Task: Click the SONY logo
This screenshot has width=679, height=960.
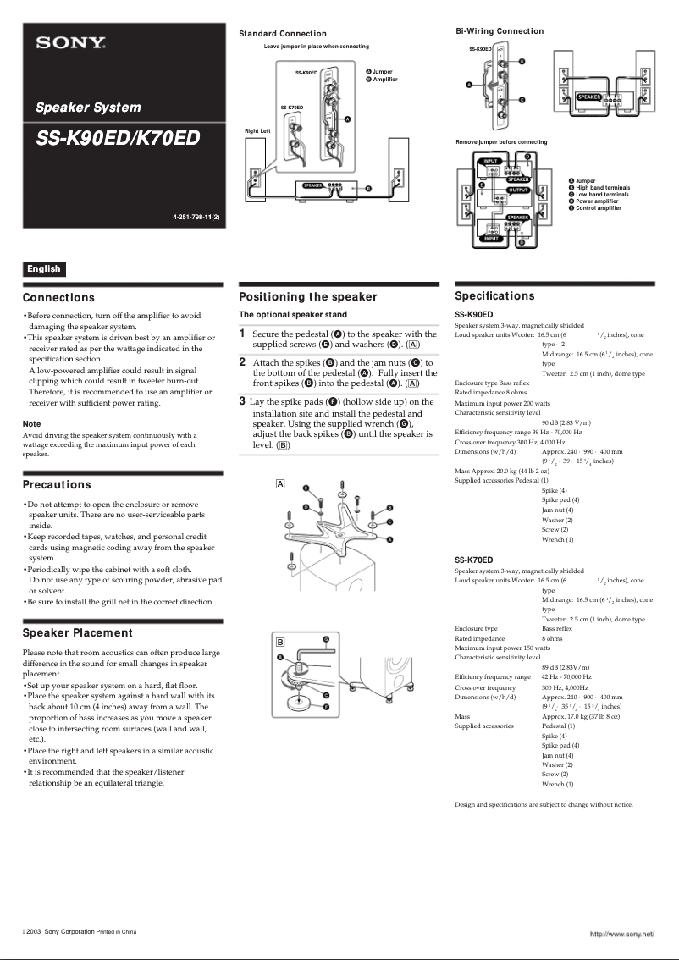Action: (x=70, y=41)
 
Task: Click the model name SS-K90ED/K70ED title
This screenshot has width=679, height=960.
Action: (x=118, y=138)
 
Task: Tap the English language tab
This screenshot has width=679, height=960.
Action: (x=44, y=268)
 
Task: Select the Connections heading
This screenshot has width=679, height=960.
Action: (x=58, y=298)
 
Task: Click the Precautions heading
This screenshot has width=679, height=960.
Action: (x=57, y=485)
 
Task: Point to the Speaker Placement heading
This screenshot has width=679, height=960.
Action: (x=78, y=632)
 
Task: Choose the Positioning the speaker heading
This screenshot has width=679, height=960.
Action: (x=308, y=297)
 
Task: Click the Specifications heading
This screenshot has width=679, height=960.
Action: (x=494, y=296)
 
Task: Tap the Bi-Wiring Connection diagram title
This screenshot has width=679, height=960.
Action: (x=500, y=31)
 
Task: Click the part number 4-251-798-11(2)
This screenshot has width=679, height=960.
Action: (x=196, y=218)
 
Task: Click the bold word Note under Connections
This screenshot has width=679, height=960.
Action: (x=31, y=423)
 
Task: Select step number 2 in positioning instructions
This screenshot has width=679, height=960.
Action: (x=242, y=362)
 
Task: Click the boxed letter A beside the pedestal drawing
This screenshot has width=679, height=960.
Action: (x=280, y=483)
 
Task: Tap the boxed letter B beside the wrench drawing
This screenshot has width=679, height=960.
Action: (x=280, y=643)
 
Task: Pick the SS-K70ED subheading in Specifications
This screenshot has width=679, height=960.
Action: (x=473, y=560)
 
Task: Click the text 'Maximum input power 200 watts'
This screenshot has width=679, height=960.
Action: (x=502, y=403)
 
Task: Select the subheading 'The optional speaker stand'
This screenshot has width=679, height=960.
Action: (x=293, y=315)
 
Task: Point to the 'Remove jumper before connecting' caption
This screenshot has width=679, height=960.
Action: (x=501, y=141)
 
